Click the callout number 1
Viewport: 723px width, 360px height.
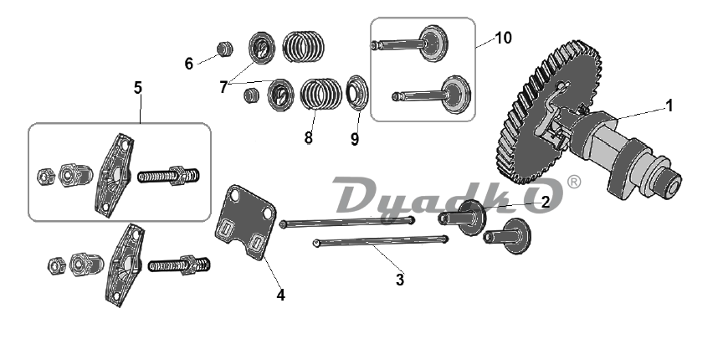[669, 105]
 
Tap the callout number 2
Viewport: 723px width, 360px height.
[545, 201]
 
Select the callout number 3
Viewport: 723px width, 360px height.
[400, 280]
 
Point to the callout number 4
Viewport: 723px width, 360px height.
[281, 295]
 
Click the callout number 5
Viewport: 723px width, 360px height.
[138, 86]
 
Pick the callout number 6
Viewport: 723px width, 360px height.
[189, 63]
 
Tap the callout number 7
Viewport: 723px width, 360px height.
[223, 86]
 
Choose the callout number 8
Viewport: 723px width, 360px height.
[308, 137]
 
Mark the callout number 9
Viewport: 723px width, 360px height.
[355, 139]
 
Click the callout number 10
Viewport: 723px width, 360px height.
[504, 38]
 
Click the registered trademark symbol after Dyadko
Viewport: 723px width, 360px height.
[574, 182]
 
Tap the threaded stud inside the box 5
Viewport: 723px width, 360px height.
[169, 177]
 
